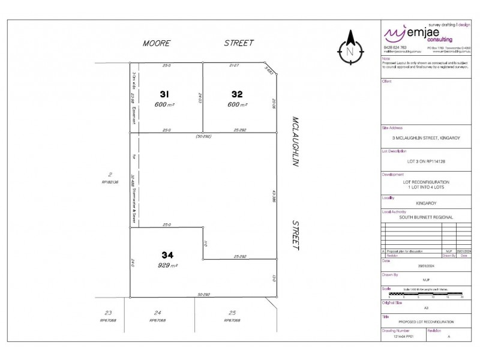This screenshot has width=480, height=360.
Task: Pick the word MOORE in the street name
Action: click(156, 43)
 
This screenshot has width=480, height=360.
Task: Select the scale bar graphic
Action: click(425, 293)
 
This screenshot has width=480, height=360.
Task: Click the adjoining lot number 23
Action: click(108, 313)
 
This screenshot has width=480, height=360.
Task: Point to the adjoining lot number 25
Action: click(232, 313)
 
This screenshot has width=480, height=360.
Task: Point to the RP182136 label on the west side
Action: click(111, 182)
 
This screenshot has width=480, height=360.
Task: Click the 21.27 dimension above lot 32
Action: click(235, 64)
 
